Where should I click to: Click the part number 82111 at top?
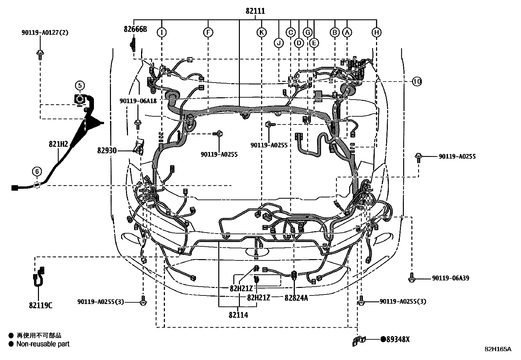click(x=255, y=11)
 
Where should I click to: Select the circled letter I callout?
click(x=161, y=32)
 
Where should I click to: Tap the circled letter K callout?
click(x=261, y=32)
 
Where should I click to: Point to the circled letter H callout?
click(x=377, y=32)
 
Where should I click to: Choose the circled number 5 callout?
click(x=80, y=85)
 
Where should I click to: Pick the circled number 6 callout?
click(x=37, y=171)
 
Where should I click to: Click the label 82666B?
click(x=135, y=29)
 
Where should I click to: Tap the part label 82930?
click(x=107, y=150)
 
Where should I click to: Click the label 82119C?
click(x=40, y=306)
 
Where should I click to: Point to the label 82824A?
click(x=296, y=297)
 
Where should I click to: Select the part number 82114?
click(x=238, y=315)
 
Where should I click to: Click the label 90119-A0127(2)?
click(x=45, y=32)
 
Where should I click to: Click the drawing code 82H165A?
click(x=498, y=349)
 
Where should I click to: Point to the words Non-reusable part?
click(x=43, y=344)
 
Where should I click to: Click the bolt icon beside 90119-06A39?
click(x=412, y=278)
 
